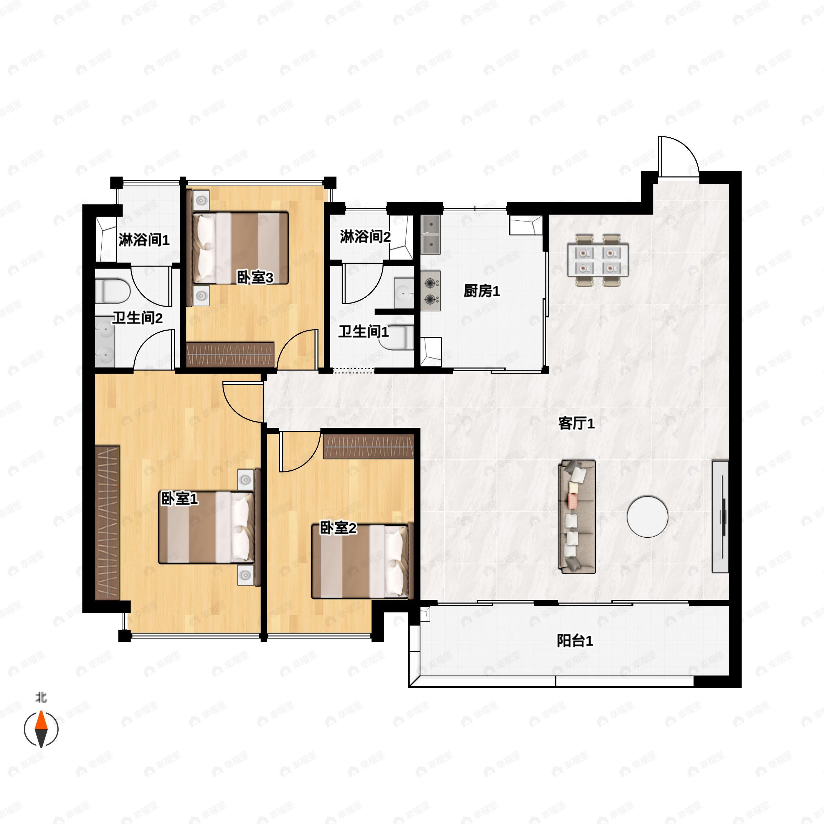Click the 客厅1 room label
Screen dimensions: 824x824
pos(576,424)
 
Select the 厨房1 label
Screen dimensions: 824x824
pos(481,291)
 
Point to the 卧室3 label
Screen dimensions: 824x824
pos(255,278)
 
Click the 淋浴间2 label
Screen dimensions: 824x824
pos(365,236)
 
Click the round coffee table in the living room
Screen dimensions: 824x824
pos(647,516)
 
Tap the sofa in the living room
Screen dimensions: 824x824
pos(577,516)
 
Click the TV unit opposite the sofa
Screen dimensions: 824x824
pos(720,516)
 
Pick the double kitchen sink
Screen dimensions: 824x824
pos(431,234)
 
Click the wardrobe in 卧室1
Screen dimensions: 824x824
pos(107,523)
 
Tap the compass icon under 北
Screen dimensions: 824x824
pos(41,729)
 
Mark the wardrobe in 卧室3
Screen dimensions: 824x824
pos(230,354)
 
